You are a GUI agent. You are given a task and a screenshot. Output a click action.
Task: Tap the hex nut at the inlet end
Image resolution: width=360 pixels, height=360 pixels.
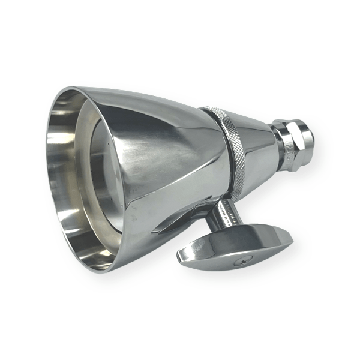[291, 144]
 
